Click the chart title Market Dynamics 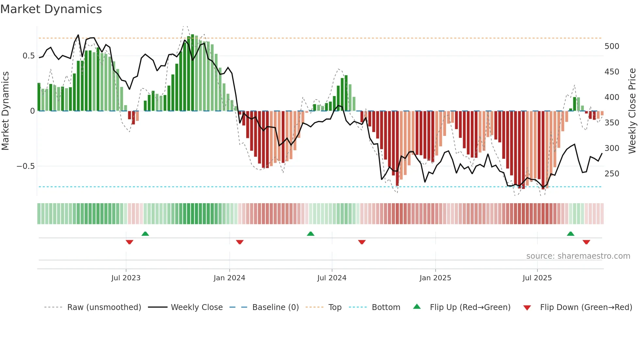click(x=51, y=9)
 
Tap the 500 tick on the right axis click(x=612, y=46)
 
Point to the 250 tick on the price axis click(x=612, y=174)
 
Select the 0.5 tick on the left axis click(x=28, y=56)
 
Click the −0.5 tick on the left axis click(x=25, y=166)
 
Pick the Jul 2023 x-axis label click(x=126, y=278)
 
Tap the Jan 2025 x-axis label click(x=435, y=278)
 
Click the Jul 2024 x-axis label click(x=331, y=278)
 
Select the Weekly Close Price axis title click(x=632, y=111)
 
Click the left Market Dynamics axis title click(x=5, y=111)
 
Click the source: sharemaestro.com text click(x=578, y=256)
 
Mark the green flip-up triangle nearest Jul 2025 click(x=570, y=234)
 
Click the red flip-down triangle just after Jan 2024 click(x=240, y=242)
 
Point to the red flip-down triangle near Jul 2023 click(x=129, y=242)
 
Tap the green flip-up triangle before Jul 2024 click(x=311, y=234)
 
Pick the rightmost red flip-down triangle click(x=586, y=242)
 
